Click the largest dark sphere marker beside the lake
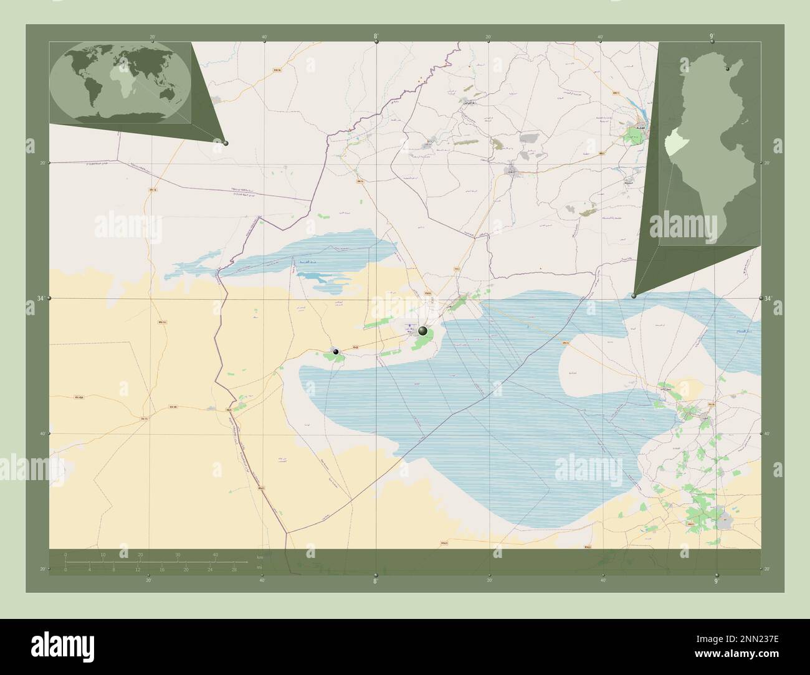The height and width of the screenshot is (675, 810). (x=424, y=331)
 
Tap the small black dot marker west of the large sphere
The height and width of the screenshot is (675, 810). (x=336, y=352)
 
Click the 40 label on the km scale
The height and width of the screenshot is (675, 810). (x=216, y=554)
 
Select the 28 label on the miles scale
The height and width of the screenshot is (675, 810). (x=234, y=569)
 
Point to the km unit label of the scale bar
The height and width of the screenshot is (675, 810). (x=260, y=557)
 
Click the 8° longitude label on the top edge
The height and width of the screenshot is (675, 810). (x=376, y=37)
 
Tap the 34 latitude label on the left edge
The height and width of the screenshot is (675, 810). (x=40, y=299)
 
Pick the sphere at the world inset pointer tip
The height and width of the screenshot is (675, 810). (x=226, y=143)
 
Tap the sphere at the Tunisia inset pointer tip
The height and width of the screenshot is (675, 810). (x=634, y=296)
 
